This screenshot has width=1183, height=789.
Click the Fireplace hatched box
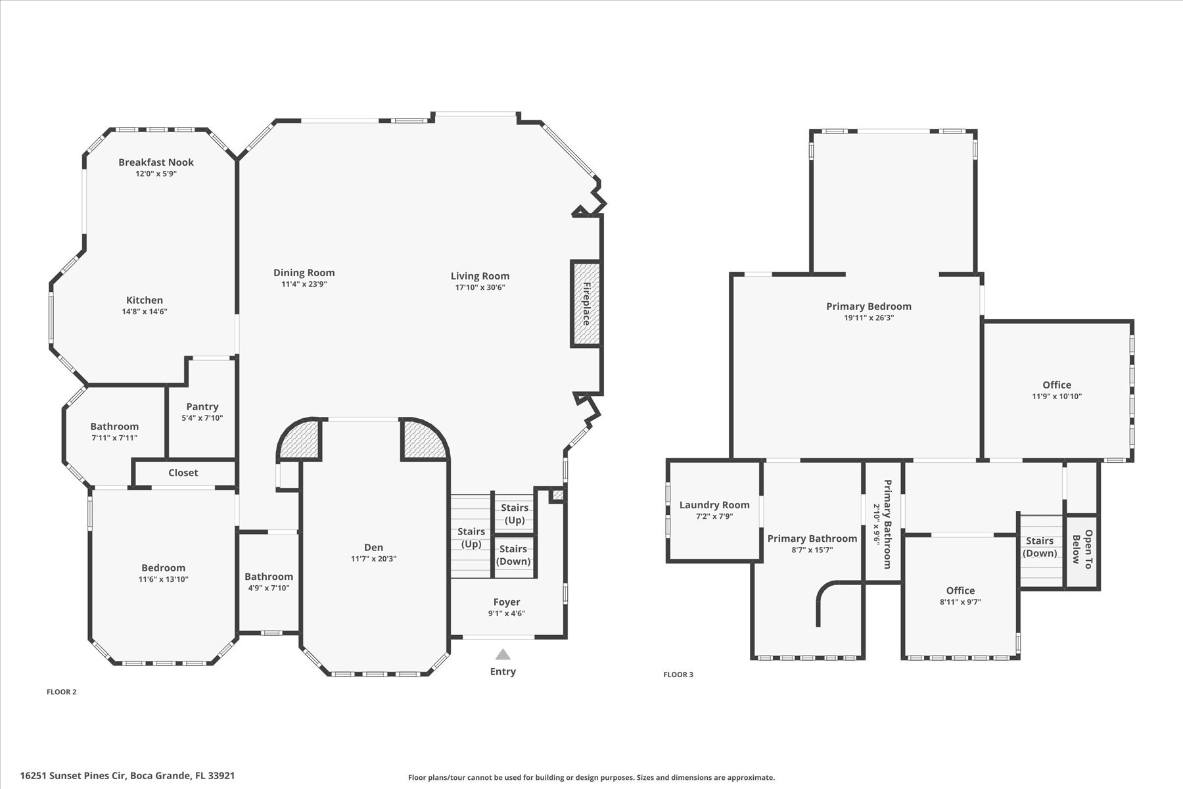click(586, 304)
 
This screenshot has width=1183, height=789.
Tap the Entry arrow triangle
click(503, 654)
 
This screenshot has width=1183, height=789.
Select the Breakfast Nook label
click(156, 162)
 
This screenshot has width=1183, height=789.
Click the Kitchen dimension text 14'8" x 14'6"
click(145, 312)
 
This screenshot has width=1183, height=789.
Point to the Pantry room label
click(202, 406)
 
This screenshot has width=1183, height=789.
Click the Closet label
click(183, 473)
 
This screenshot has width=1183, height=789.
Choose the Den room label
click(373, 547)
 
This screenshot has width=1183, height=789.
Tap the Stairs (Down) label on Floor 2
click(513, 555)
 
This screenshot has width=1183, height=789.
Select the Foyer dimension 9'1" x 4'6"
click(506, 613)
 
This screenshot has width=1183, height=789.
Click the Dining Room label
click(304, 272)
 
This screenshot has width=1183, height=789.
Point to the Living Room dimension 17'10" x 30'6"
click(480, 287)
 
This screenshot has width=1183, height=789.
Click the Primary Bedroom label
click(868, 306)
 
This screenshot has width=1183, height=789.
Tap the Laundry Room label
click(714, 505)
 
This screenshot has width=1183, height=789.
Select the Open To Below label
click(1082, 546)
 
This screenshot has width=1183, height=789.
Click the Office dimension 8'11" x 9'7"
click(960, 602)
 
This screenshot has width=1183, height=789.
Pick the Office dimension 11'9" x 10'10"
click(1056, 396)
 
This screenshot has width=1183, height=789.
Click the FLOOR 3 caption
click(678, 675)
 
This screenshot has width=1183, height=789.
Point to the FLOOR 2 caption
click(61, 692)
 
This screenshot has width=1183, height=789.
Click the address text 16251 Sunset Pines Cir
click(73, 776)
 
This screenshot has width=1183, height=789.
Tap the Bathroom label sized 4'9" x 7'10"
click(269, 577)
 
